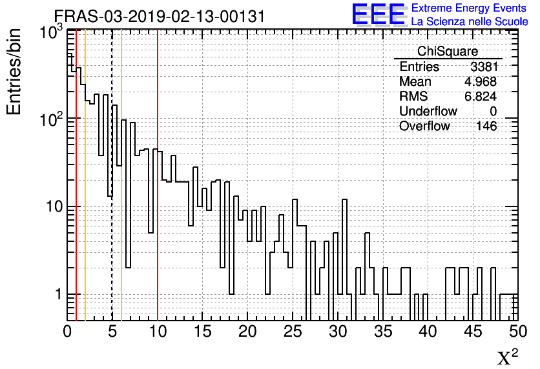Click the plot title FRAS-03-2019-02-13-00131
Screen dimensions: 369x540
pyautogui.click(x=159, y=16)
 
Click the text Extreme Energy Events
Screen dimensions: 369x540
pyautogui.click(x=470, y=8)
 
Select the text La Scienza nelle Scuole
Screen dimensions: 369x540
pyautogui.click(x=470, y=21)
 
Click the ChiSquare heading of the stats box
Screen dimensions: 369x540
pyautogui.click(x=448, y=52)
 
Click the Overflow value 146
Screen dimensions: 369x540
pyautogui.click(x=486, y=126)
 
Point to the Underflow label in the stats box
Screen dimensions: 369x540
pyautogui.click(x=428, y=112)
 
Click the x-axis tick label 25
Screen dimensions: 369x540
pyautogui.click(x=293, y=332)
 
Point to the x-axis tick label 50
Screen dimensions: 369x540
pyautogui.click(x=517, y=332)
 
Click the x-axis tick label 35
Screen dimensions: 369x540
pyautogui.click(x=382, y=332)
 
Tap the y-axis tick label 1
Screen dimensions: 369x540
pyautogui.click(x=57, y=295)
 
